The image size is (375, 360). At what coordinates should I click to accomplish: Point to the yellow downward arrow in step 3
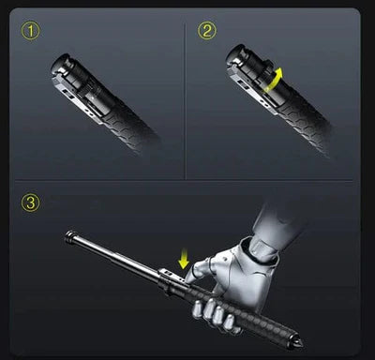point(183,251)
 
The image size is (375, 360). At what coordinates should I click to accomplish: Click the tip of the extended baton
point(68,234)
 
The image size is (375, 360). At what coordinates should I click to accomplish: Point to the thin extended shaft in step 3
point(112,251)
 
